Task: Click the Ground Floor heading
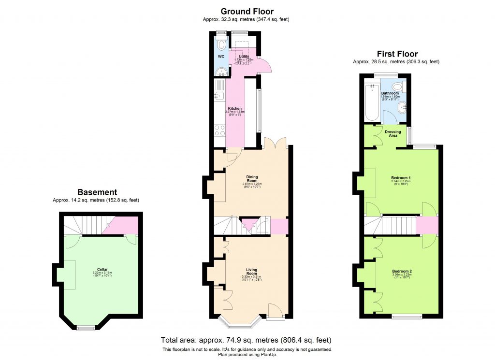click(247, 11)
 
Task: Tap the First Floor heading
click(397, 54)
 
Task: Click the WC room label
click(221, 57)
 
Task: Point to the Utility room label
click(244, 57)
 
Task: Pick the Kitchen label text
click(235, 109)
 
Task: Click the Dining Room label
click(251, 178)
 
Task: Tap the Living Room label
click(251, 272)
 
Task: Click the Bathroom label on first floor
click(390, 93)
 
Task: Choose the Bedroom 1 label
click(401, 177)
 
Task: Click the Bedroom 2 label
click(402, 271)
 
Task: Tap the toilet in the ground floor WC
click(221, 45)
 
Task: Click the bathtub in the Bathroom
click(372, 102)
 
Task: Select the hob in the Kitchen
click(219, 130)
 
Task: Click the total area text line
click(246, 340)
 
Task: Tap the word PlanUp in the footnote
click(270, 355)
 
